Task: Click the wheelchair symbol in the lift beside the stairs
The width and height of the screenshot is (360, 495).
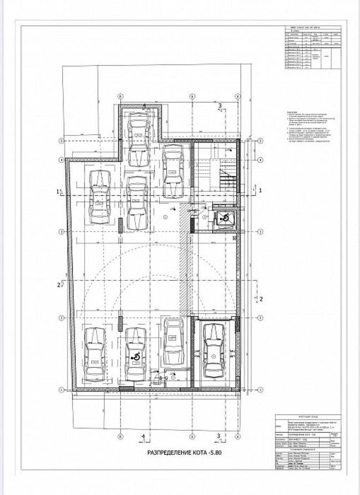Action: (x=223, y=219)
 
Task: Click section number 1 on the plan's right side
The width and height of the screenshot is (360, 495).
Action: (x=260, y=191)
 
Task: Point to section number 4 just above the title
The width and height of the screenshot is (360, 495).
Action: (x=144, y=436)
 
